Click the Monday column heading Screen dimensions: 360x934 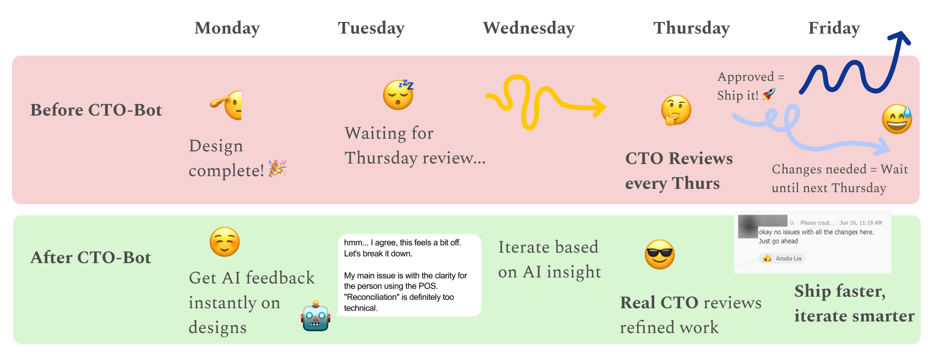point(227,28)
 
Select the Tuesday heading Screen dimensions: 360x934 point(371,28)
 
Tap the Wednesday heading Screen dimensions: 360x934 point(529,28)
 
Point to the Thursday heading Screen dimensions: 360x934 point(692,28)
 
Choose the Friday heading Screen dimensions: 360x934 point(834,28)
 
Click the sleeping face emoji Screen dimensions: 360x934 point(399,94)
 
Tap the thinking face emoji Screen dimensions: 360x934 point(676,110)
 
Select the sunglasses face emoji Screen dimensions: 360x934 point(659,254)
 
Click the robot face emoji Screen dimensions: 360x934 point(316,317)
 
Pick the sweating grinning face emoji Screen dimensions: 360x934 point(897,119)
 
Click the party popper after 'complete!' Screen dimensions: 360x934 point(277,168)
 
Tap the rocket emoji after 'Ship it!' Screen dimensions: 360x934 point(769,94)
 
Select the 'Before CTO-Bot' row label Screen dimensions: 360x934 point(96,110)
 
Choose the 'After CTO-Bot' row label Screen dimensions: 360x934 point(91,258)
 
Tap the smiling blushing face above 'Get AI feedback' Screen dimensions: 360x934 point(225,242)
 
